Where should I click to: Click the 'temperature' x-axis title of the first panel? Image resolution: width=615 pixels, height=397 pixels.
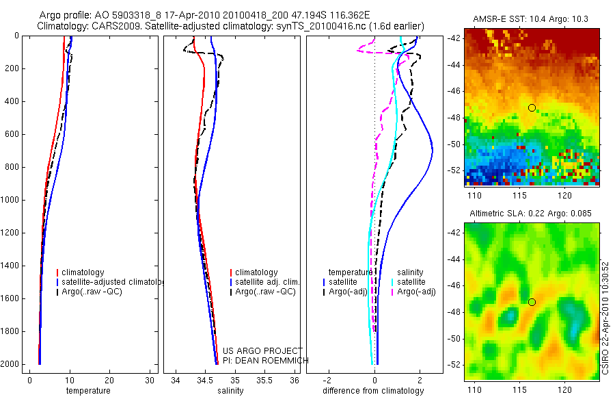pos(87,391)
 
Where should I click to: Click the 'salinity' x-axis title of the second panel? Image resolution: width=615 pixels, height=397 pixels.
pos(230,391)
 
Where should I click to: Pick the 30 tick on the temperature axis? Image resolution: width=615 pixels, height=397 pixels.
pos(150,380)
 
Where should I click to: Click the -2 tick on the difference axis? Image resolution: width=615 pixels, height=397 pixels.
pos(329,380)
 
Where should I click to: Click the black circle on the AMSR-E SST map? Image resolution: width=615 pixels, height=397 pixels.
pos(532,107)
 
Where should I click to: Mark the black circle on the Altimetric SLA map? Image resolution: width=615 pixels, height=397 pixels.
pos(532,302)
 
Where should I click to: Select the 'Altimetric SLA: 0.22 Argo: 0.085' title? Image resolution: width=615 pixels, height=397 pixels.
pos(531,214)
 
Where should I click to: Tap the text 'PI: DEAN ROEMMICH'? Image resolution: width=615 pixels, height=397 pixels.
pos(266,360)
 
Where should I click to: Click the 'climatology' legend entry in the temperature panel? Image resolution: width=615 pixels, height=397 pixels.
pos(83,272)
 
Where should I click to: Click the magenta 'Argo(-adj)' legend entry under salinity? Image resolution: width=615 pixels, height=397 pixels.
pos(416,292)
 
